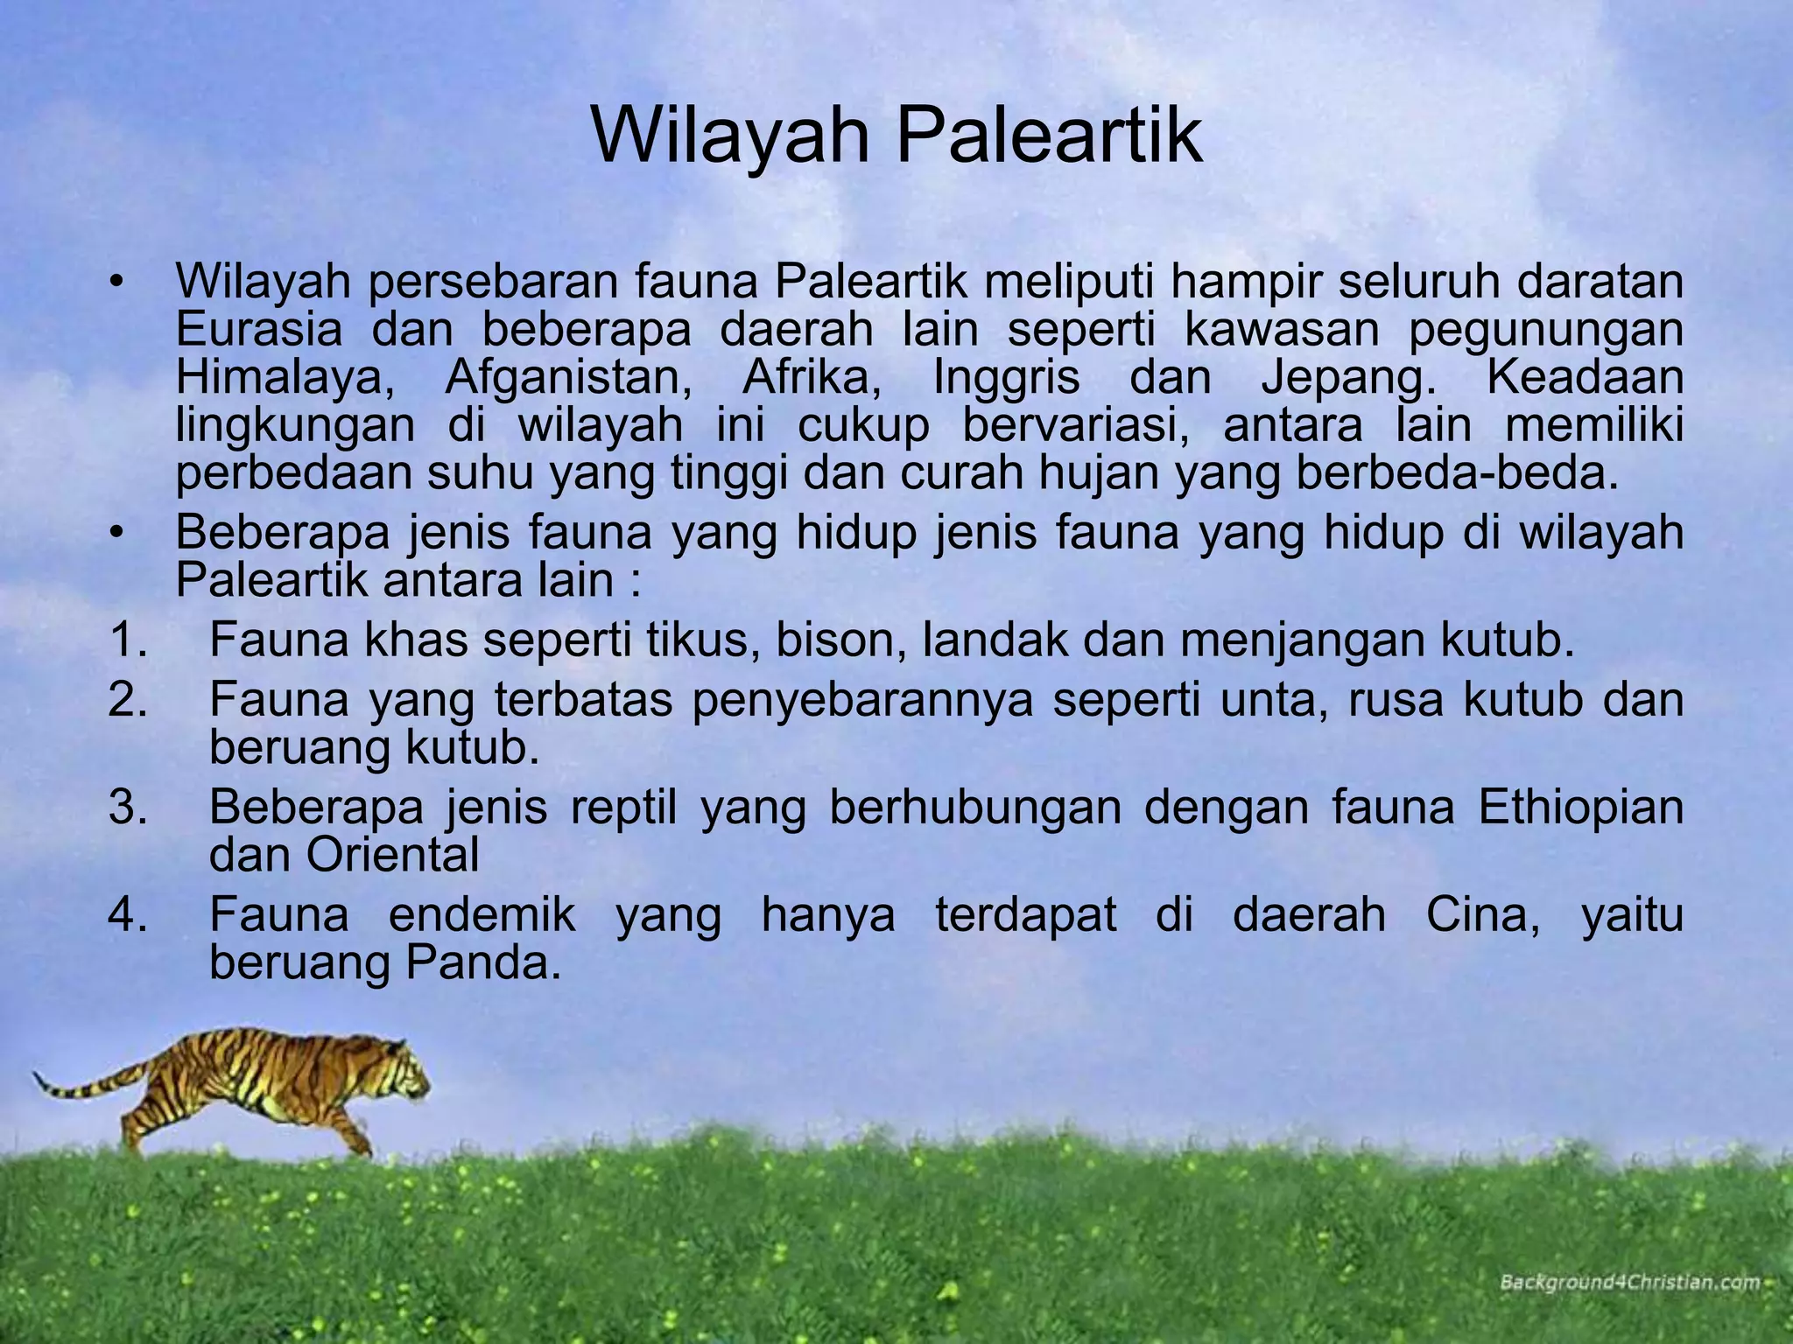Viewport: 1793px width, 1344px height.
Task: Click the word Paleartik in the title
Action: coord(1047,136)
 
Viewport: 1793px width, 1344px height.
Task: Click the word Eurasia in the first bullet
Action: coord(259,331)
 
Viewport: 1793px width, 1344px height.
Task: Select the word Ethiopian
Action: coord(1580,808)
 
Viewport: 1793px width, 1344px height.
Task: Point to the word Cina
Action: coord(1483,915)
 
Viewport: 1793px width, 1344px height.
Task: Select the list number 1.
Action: coord(128,641)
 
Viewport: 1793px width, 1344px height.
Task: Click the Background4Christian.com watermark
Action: coord(1628,1283)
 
